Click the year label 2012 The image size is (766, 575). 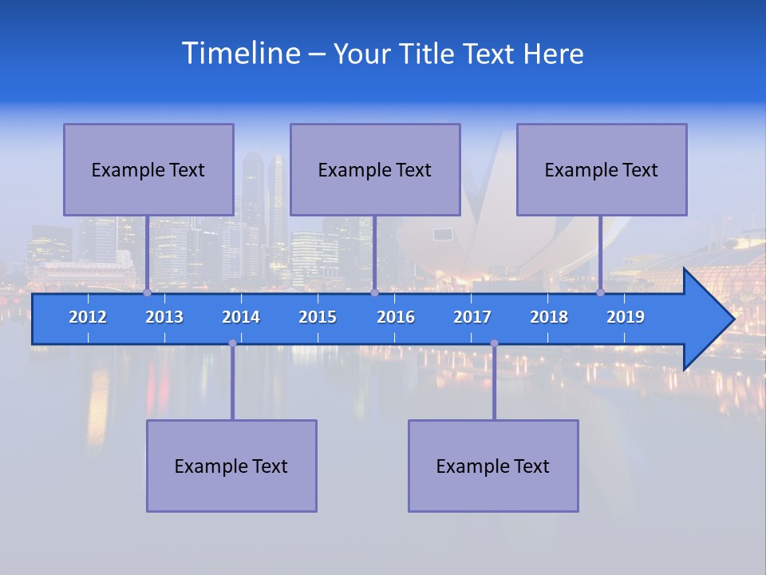coord(88,317)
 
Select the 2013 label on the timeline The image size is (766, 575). coord(164,317)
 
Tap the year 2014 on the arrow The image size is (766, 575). coord(241,317)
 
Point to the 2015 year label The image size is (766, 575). coord(318,317)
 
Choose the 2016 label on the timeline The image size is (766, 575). coord(396,317)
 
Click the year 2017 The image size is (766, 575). coord(472,317)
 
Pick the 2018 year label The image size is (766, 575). coord(549,317)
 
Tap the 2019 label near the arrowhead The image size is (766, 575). coord(626,317)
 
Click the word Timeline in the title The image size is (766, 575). coord(240,54)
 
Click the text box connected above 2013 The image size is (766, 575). coord(148,169)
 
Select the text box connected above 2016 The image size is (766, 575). coord(375,169)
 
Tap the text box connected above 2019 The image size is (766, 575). coord(602,169)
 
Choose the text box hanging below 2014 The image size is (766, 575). coord(231,466)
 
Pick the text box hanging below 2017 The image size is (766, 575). coord(493,466)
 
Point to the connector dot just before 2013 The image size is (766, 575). coord(147,293)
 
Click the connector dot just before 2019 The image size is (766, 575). coord(600,293)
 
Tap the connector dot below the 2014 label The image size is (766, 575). coord(232,343)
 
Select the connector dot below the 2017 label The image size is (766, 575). coord(494,343)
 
